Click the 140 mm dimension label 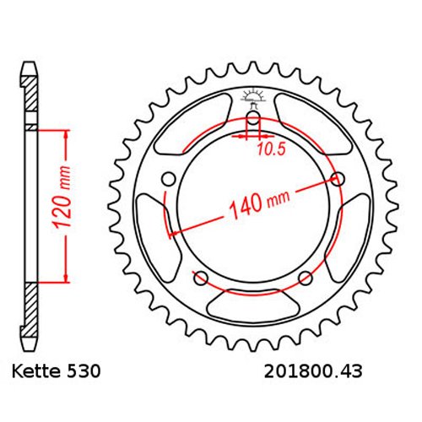(x=259, y=203)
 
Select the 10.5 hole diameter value (x=271, y=149)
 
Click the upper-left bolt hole (x=169, y=179)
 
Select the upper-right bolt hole (x=338, y=179)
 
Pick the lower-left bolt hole (x=201, y=279)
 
